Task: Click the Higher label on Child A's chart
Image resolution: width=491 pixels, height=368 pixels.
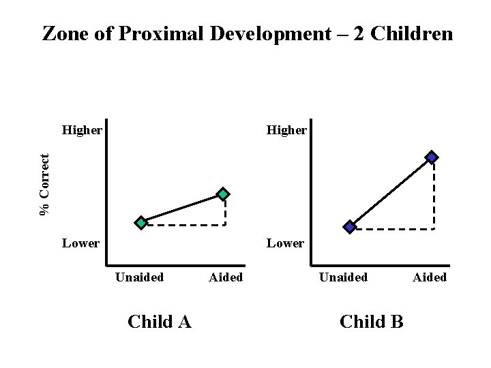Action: tap(82, 129)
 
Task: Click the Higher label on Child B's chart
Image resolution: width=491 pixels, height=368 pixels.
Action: tap(286, 129)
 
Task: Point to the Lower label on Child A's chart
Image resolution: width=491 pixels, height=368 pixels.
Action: tap(80, 243)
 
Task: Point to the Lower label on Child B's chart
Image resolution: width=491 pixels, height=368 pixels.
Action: tap(285, 243)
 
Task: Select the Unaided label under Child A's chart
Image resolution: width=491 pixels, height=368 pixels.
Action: tap(139, 277)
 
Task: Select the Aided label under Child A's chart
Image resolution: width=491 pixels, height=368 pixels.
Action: tap(226, 277)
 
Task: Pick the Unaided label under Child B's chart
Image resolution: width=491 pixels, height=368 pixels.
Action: tap(344, 277)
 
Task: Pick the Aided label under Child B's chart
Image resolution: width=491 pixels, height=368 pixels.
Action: tap(430, 277)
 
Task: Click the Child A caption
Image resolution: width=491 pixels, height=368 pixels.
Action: tap(160, 322)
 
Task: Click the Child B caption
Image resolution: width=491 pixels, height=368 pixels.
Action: tap(371, 322)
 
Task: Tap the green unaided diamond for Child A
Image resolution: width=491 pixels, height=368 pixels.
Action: tap(141, 222)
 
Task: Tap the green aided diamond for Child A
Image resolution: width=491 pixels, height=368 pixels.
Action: tap(224, 194)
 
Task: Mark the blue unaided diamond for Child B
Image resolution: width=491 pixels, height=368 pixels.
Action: tap(349, 227)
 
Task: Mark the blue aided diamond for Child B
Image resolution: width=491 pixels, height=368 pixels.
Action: tap(432, 157)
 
